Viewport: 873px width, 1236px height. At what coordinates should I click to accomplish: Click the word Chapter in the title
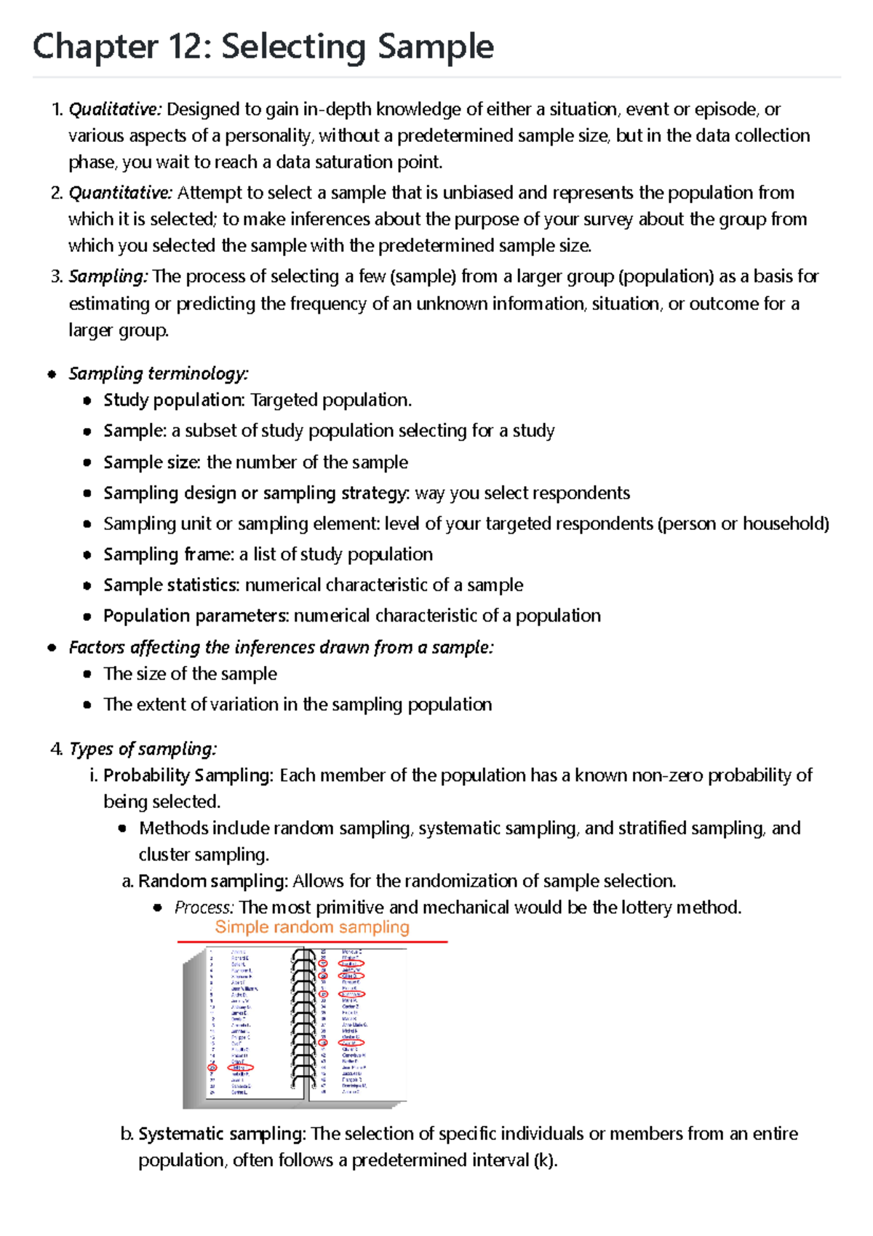(95, 47)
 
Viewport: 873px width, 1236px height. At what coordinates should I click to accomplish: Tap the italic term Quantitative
(120, 193)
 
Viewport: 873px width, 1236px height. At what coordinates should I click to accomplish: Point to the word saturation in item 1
(351, 162)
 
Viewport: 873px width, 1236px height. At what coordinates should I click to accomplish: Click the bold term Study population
(173, 400)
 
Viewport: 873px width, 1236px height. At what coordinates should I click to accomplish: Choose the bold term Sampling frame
(168, 555)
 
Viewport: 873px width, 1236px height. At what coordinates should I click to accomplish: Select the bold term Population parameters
(196, 616)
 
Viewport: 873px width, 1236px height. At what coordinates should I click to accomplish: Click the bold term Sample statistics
(171, 585)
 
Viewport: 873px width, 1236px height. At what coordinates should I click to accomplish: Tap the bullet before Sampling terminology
(52, 375)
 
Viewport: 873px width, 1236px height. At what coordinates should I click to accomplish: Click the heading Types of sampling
(143, 749)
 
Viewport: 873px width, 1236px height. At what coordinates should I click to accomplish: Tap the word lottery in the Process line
(647, 908)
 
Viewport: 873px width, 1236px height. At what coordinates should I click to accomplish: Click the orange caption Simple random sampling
(312, 927)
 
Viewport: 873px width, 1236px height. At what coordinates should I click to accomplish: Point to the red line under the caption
(312, 942)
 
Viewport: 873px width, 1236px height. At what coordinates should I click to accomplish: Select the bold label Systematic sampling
(222, 1134)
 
